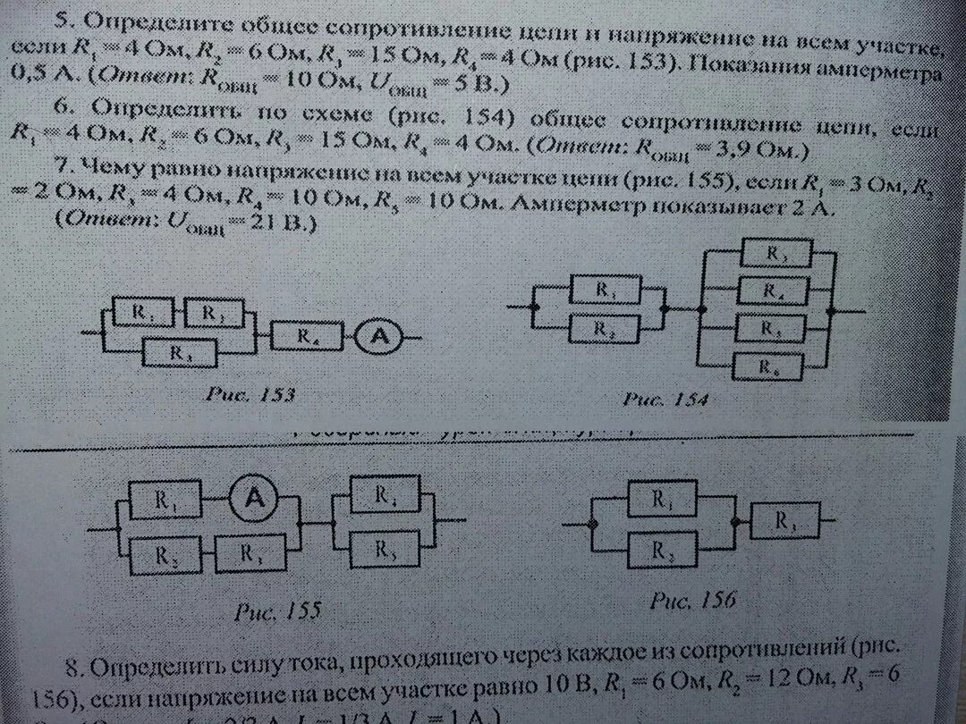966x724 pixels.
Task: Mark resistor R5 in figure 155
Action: click(x=386, y=548)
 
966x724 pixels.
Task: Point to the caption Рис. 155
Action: click(x=278, y=611)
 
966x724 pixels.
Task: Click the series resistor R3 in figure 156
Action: click(x=784, y=520)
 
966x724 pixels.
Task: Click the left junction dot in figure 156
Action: click(x=591, y=523)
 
